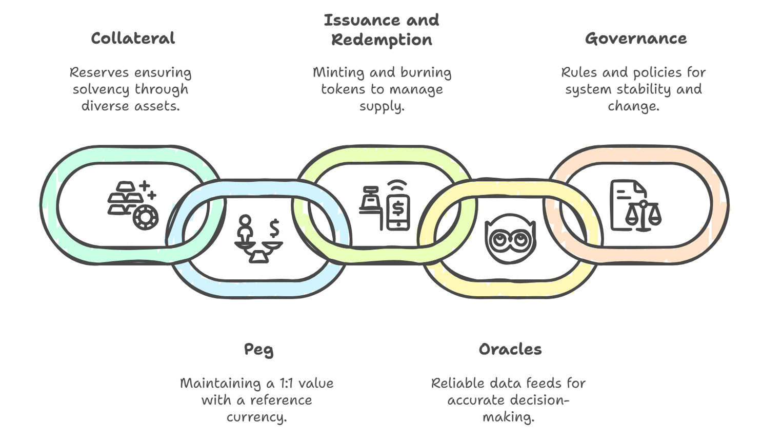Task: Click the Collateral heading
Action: click(x=133, y=39)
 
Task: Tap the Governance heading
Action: click(x=635, y=39)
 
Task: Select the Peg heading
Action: click(x=258, y=350)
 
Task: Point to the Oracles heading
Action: click(x=510, y=350)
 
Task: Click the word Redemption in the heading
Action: click(x=382, y=40)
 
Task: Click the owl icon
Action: click(x=510, y=239)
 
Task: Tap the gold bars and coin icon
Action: click(x=132, y=204)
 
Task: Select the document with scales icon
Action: click(x=635, y=205)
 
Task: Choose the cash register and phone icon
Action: click(x=385, y=205)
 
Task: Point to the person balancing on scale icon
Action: click(x=258, y=239)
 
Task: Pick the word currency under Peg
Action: click(x=256, y=417)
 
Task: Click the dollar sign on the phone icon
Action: click(x=398, y=208)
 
